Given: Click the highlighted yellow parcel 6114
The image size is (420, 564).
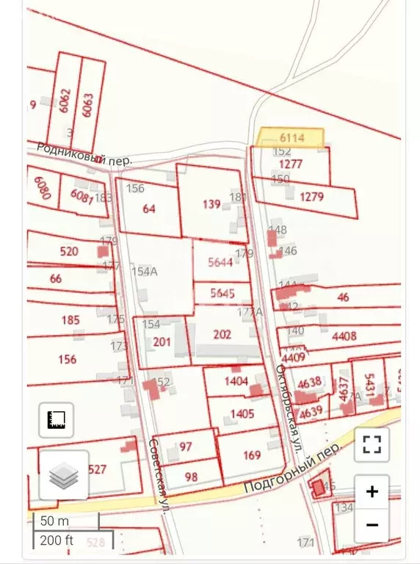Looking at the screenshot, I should [x=290, y=137].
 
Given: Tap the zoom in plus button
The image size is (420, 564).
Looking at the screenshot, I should [x=372, y=491].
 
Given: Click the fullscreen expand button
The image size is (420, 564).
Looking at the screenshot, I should [x=372, y=444].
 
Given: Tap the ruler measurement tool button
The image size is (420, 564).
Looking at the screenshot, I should [x=57, y=420].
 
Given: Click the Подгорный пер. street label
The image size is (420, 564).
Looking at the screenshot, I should [x=292, y=471].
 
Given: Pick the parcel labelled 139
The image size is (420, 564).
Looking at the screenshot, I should [x=211, y=204].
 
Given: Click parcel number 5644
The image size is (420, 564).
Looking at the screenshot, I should [x=220, y=262].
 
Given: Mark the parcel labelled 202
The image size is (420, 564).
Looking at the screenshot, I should [x=222, y=334].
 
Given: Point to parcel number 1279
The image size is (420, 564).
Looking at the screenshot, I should [x=312, y=196].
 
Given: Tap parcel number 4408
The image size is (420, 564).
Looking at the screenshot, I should [x=344, y=336].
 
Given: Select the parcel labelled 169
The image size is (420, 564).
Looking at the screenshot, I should [x=252, y=455].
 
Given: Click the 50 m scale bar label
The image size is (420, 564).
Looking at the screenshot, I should [x=54, y=521].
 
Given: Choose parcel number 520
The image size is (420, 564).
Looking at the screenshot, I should [x=69, y=251].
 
